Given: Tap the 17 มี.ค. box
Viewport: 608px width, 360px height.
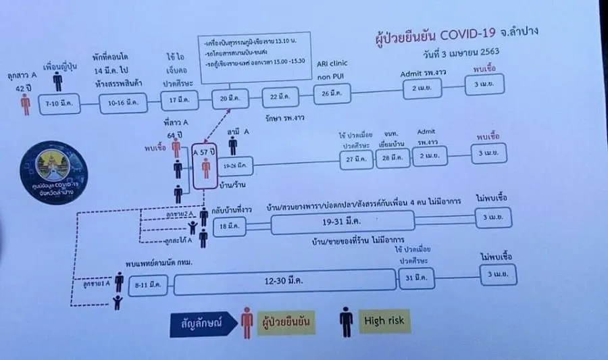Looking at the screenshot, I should tap(178, 101).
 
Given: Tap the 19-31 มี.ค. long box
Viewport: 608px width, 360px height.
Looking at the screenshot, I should tap(343, 220).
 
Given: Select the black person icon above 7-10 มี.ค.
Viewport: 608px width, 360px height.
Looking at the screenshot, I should tap(58, 81).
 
